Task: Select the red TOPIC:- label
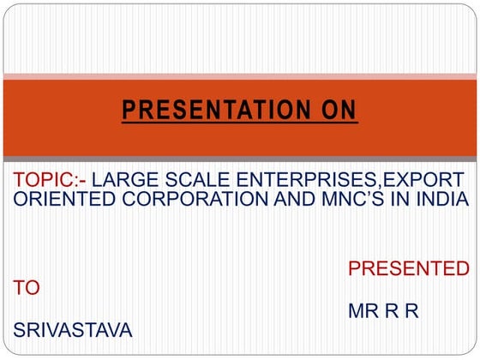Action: (x=51, y=181)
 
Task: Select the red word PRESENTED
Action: (x=408, y=269)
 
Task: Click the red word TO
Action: (x=27, y=289)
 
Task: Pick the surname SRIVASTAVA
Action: (x=73, y=330)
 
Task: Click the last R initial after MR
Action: (x=411, y=309)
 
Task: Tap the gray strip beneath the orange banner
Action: (x=240, y=160)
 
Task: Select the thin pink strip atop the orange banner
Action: (x=240, y=78)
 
